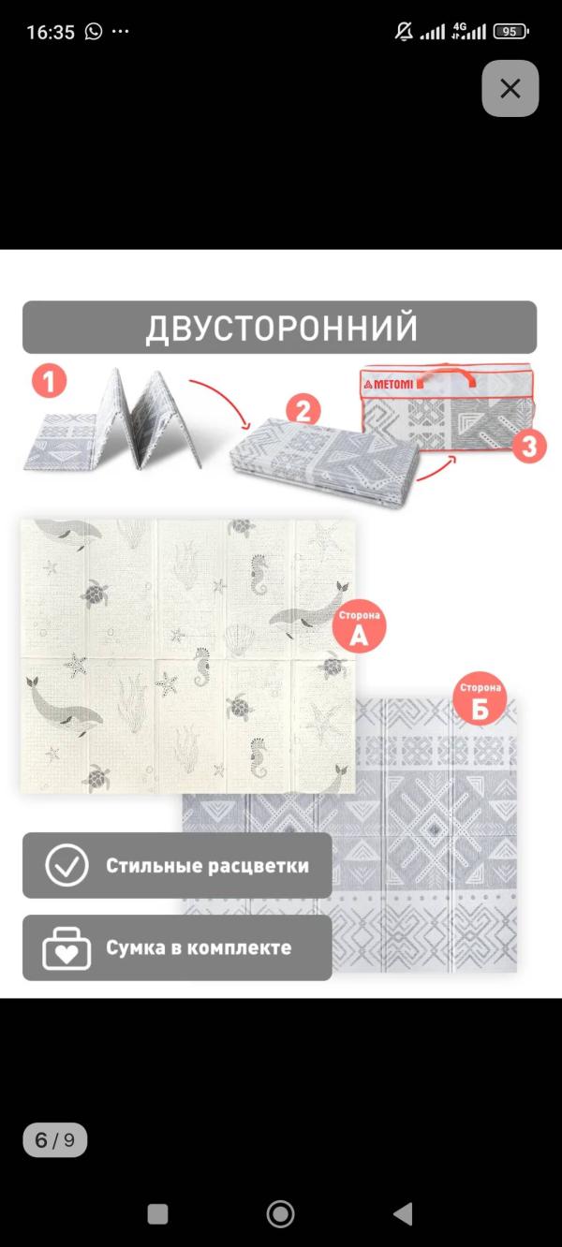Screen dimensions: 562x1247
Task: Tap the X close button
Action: tap(510, 89)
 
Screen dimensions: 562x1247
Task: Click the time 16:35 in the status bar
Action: tap(51, 32)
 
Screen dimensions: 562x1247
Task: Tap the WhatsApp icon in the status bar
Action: tap(94, 32)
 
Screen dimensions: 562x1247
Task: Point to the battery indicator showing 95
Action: tap(510, 32)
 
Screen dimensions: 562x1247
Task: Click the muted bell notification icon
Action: tap(404, 32)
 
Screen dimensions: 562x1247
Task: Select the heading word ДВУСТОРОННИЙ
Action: tap(281, 328)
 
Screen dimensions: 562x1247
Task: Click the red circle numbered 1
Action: tap(50, 382)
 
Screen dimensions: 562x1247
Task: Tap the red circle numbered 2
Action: tap(303, 412)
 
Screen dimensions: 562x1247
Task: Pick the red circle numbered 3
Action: tap(529, 447)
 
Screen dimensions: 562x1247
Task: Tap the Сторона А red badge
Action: tap(360, 626)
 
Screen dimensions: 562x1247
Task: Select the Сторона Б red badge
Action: tap(480, 698)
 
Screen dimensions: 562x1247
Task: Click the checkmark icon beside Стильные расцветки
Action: tap(67, 866)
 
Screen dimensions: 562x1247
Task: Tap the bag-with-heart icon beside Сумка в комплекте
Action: tap(67, 948)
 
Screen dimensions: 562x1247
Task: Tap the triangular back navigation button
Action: tap(404, 1213)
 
